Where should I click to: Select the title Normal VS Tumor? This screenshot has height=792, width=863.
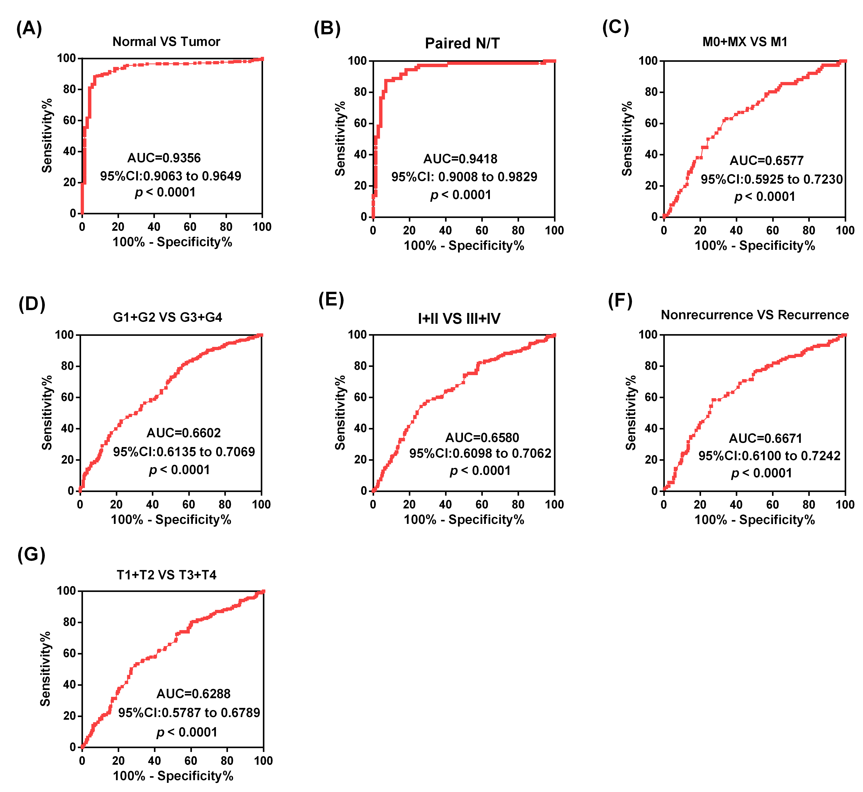[166, 42]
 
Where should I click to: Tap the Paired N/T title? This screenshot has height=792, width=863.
[462, 43]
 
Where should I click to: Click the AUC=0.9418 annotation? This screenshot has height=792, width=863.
[460, 159]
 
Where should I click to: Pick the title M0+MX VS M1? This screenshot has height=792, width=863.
[745, 42]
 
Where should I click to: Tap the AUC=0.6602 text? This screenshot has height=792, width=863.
[184, 433]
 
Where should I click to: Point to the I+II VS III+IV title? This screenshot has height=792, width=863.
[459, 318]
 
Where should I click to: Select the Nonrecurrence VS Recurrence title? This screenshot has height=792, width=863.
[754, 315]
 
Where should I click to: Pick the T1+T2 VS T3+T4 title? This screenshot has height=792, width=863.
[167, 575]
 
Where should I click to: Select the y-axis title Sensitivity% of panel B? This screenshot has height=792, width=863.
[340, 138]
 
